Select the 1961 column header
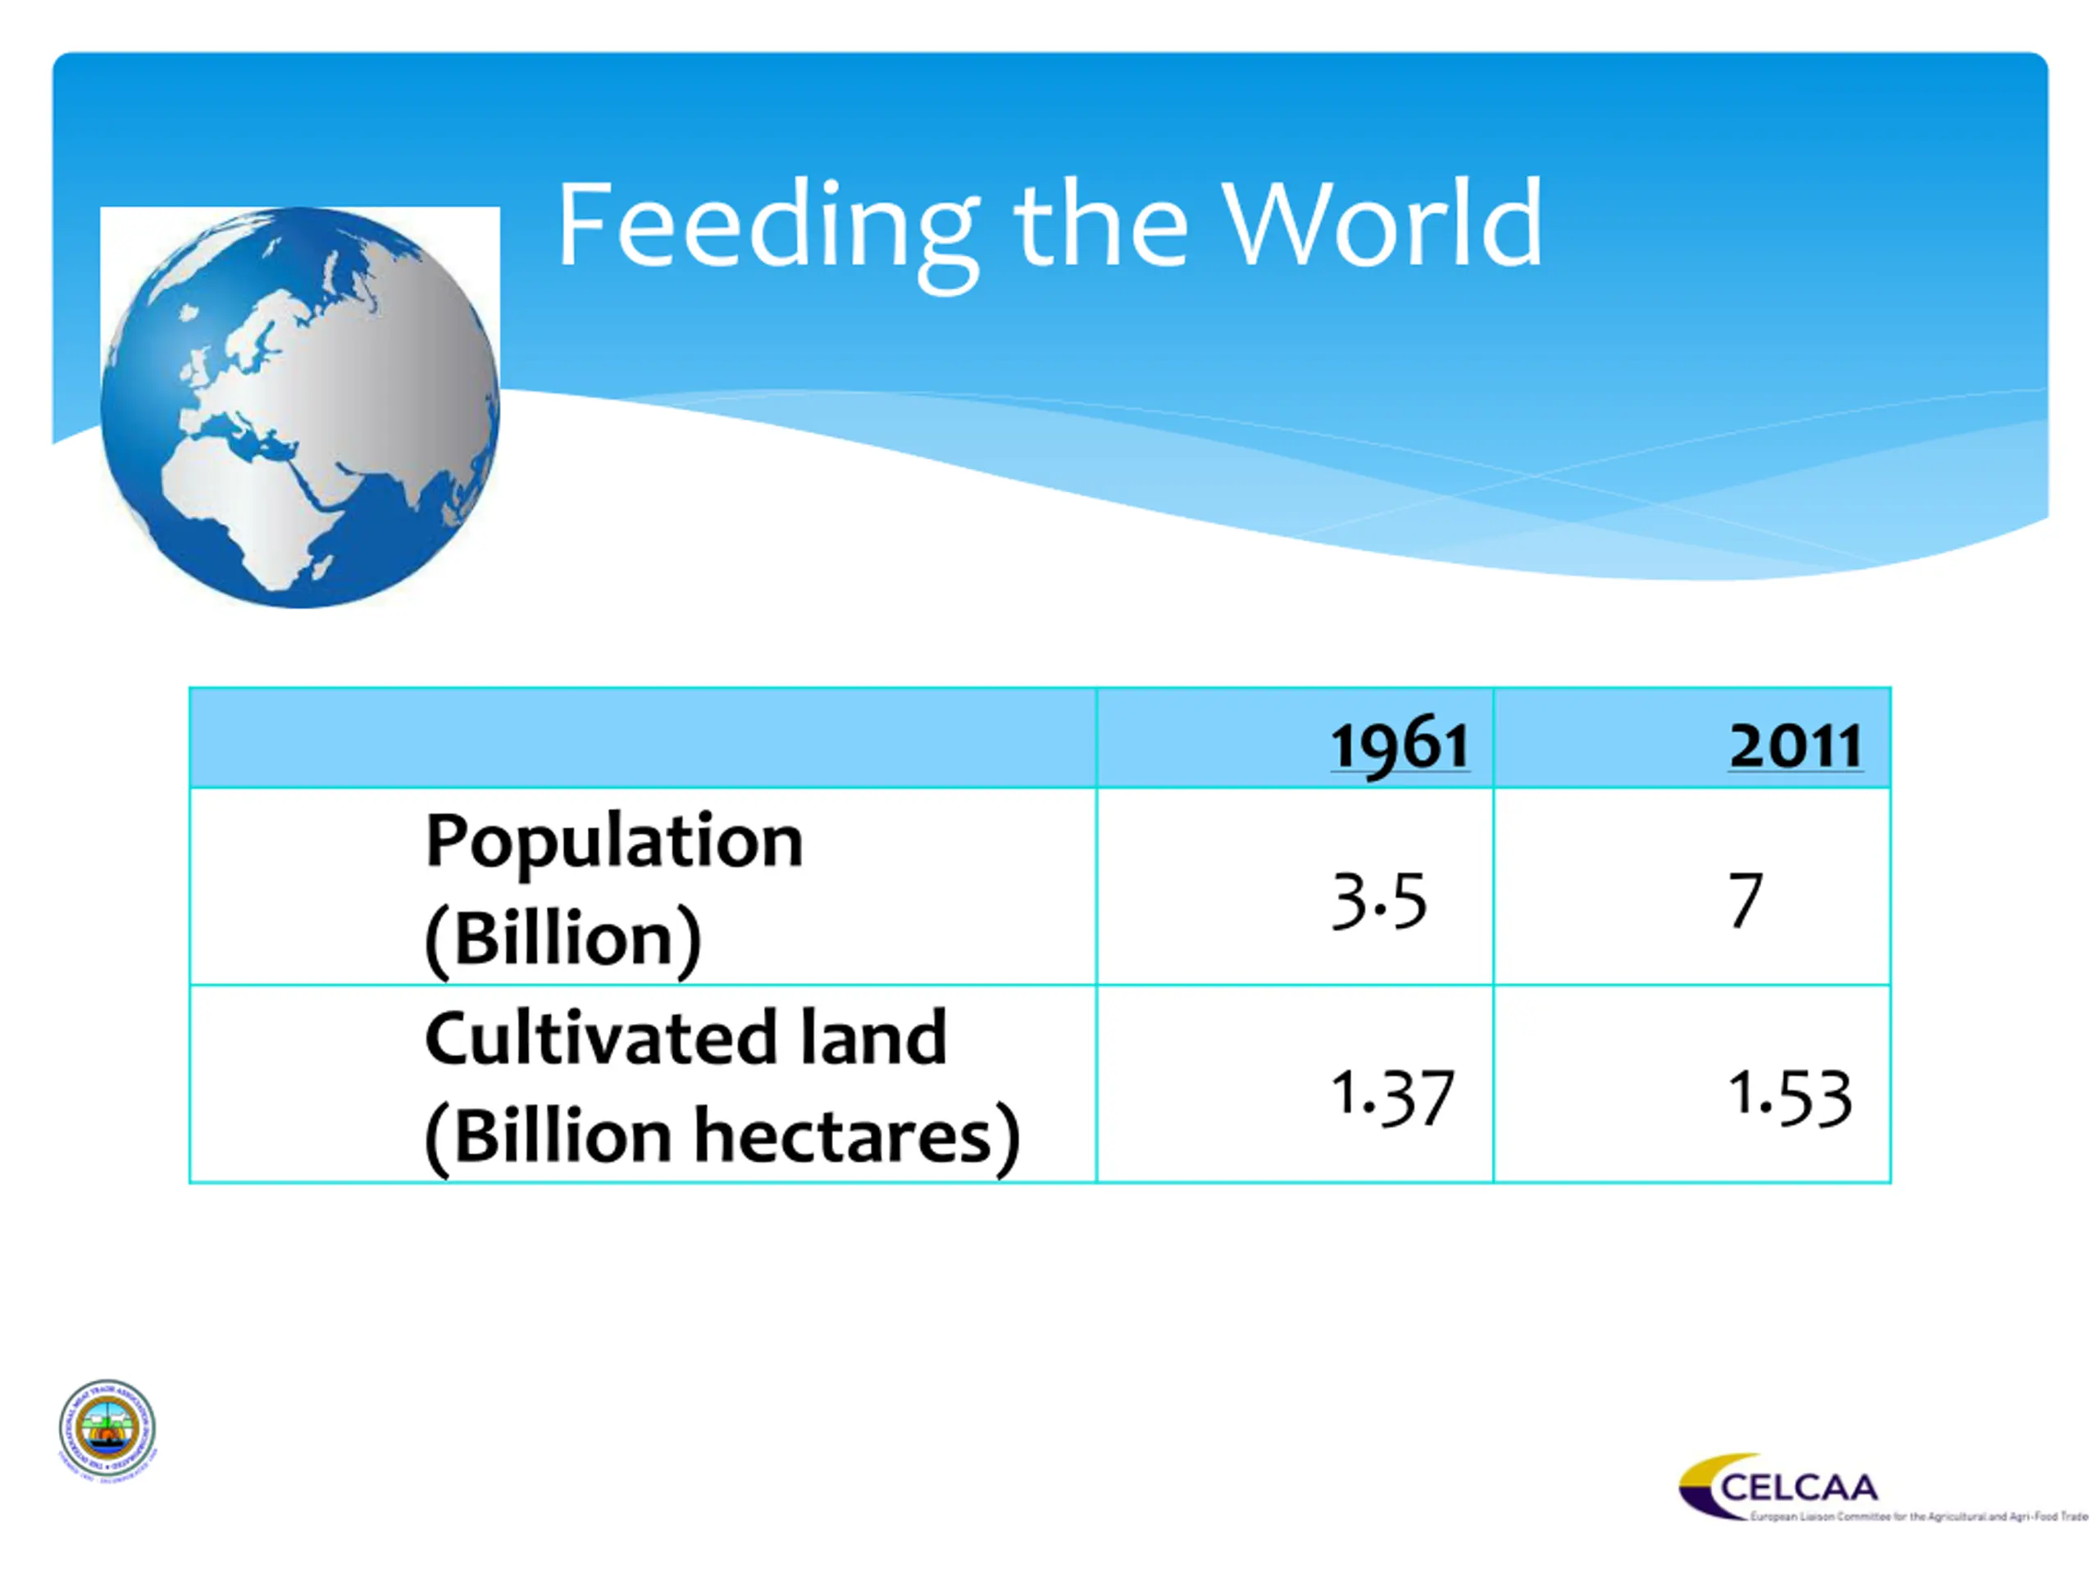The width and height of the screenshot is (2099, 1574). (1400, 746)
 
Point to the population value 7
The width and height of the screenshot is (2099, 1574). (1745, 900)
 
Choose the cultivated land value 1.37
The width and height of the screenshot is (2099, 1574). (1392, 1096)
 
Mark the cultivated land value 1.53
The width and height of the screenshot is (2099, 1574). (1790, 1096)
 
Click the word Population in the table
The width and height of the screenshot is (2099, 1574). (614, 842)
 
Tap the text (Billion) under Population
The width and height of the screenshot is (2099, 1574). (562, 939)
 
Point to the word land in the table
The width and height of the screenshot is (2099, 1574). (873, 1038)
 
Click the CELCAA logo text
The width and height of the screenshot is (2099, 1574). (1798, 1487)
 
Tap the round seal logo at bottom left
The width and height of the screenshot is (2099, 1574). (107, 1429)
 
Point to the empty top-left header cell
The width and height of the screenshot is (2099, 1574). (643, 738)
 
